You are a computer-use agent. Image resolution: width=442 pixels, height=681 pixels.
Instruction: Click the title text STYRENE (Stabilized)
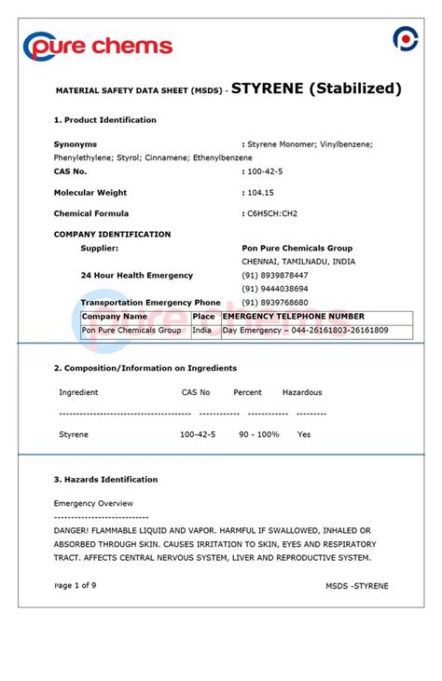point(316,89)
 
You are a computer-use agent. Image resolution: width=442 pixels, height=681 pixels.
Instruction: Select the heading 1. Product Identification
point(105,120)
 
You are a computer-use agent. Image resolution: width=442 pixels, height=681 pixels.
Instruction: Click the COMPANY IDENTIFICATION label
point(113,235)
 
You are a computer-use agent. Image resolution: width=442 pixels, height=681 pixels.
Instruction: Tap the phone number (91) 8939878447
point(275,276)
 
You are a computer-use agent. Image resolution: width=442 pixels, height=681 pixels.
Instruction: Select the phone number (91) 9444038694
point(275,289)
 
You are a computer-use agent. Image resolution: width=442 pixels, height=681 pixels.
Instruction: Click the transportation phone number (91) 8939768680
point(275,303)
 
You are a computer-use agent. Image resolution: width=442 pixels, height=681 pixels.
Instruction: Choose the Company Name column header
point(115,317)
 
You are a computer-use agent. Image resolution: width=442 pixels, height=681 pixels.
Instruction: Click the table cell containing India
point(201,331)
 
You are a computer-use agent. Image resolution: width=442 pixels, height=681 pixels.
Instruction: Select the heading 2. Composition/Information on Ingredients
point(145,368)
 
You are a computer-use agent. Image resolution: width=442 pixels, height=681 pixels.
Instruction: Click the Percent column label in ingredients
point(247,392)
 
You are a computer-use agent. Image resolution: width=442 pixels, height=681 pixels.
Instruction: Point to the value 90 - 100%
point(258,435)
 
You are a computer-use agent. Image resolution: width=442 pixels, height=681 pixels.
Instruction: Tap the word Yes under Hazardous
point(304,435)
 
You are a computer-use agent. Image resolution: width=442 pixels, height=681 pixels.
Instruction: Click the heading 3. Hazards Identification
point(105,480)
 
